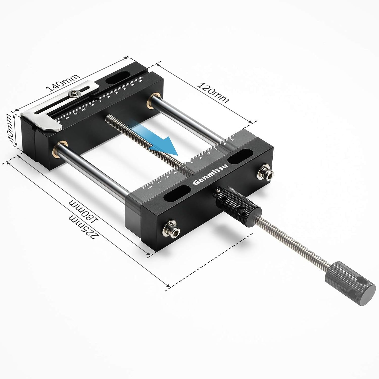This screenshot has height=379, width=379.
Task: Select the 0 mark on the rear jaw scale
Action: (101, 101)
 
